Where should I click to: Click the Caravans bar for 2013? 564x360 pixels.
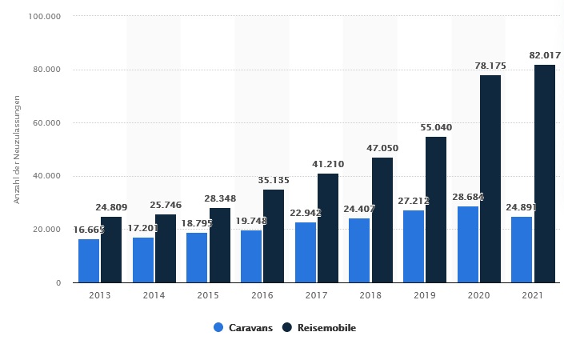coord(89,261)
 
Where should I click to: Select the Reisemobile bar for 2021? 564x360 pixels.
coord(545,174)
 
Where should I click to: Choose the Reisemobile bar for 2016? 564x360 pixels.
coord(274,236)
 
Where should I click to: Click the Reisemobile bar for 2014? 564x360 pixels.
coord(166,248)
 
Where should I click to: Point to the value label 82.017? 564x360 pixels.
coord(546,55)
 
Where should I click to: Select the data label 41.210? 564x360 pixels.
coord(328,164)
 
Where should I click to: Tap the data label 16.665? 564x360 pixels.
coord(90,230)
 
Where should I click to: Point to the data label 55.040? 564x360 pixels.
coord(436,127)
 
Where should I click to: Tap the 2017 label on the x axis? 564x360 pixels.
coord(317,296)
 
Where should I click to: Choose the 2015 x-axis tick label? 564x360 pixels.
coord(209,296)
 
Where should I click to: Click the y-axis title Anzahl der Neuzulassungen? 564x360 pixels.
coord(17,150)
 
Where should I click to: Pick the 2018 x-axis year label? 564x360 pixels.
coord(371,296)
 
